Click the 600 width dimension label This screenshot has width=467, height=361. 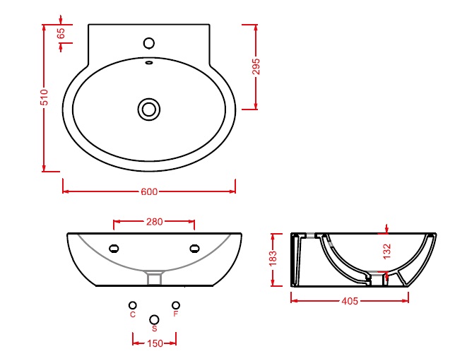point(149,191)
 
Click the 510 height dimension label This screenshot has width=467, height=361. point(44,97)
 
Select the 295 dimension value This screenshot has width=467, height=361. point(256,66)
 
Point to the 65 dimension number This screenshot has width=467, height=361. point(61,33)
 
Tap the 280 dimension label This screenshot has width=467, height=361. point(154,222)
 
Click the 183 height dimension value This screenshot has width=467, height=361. point(273,259)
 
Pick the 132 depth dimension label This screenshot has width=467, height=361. point(386,251)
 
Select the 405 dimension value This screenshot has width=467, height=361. point(350,301)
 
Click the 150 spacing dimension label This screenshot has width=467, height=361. point(155,343)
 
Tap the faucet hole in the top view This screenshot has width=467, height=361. point(149,43)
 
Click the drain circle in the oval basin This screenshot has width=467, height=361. point(149,110)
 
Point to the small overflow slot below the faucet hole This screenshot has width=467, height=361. point(149,63)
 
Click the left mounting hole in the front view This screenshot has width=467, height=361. point(114,248)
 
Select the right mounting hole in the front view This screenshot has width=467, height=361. point(194,248)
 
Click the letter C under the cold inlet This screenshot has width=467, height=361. point(133,314)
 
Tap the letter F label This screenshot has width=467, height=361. point(176,314)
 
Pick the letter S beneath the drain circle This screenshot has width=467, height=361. point(154,329)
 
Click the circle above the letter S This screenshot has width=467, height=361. point(154,319)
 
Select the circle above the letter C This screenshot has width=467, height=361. point(133,305)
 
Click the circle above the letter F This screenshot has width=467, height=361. point(176,305)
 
